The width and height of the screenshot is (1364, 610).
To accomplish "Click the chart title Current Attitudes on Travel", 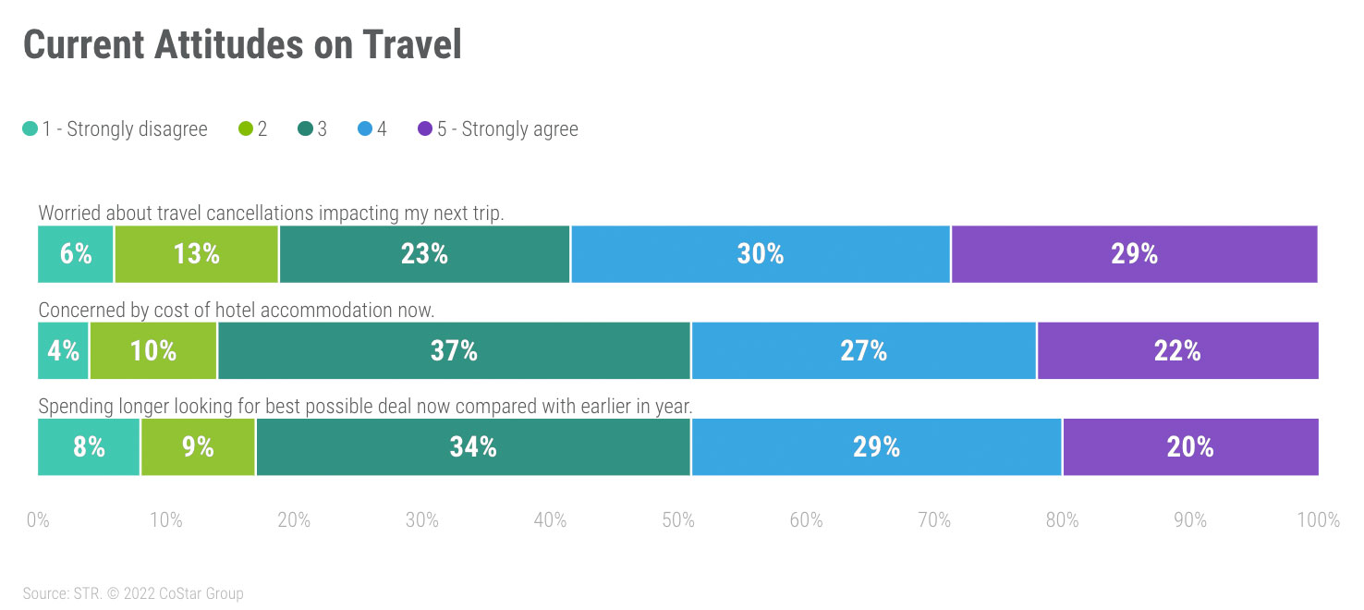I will (x=242, y=44).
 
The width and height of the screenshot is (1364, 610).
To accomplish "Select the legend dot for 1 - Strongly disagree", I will (x=30, y=129).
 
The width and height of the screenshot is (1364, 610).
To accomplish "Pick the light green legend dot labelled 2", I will (x=245, y=129).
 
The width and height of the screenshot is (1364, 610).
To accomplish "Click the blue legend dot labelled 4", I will (x=364, y=129).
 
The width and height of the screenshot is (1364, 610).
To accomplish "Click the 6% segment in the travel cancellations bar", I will (x=76, y=254).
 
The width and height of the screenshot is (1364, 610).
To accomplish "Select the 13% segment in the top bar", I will (x=196, y=254).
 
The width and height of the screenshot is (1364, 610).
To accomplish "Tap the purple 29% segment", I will (x=1134, y=254).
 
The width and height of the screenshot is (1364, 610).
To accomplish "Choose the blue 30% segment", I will (x=761, y=254).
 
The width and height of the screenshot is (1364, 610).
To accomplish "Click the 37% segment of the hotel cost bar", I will (x=454, y=351).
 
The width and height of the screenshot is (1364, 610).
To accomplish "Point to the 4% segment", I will (x=63, y=351).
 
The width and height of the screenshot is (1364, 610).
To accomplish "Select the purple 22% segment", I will (x=1177, y=351).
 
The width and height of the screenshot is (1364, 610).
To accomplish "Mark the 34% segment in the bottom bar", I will (x=473, y=447).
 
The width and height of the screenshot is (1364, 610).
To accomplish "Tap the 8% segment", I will (x=89, y=447).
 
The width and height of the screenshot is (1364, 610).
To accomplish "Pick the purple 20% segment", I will (x=1190, y=447).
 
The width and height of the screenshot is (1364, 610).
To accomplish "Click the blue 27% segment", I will (x=864, y=351).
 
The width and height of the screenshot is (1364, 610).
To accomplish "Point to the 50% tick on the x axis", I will (x=678, y=520).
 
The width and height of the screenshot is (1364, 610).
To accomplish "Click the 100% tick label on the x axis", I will (x=1317, y=520).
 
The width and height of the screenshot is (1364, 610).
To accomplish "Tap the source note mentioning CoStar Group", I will (x=133, y=593).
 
